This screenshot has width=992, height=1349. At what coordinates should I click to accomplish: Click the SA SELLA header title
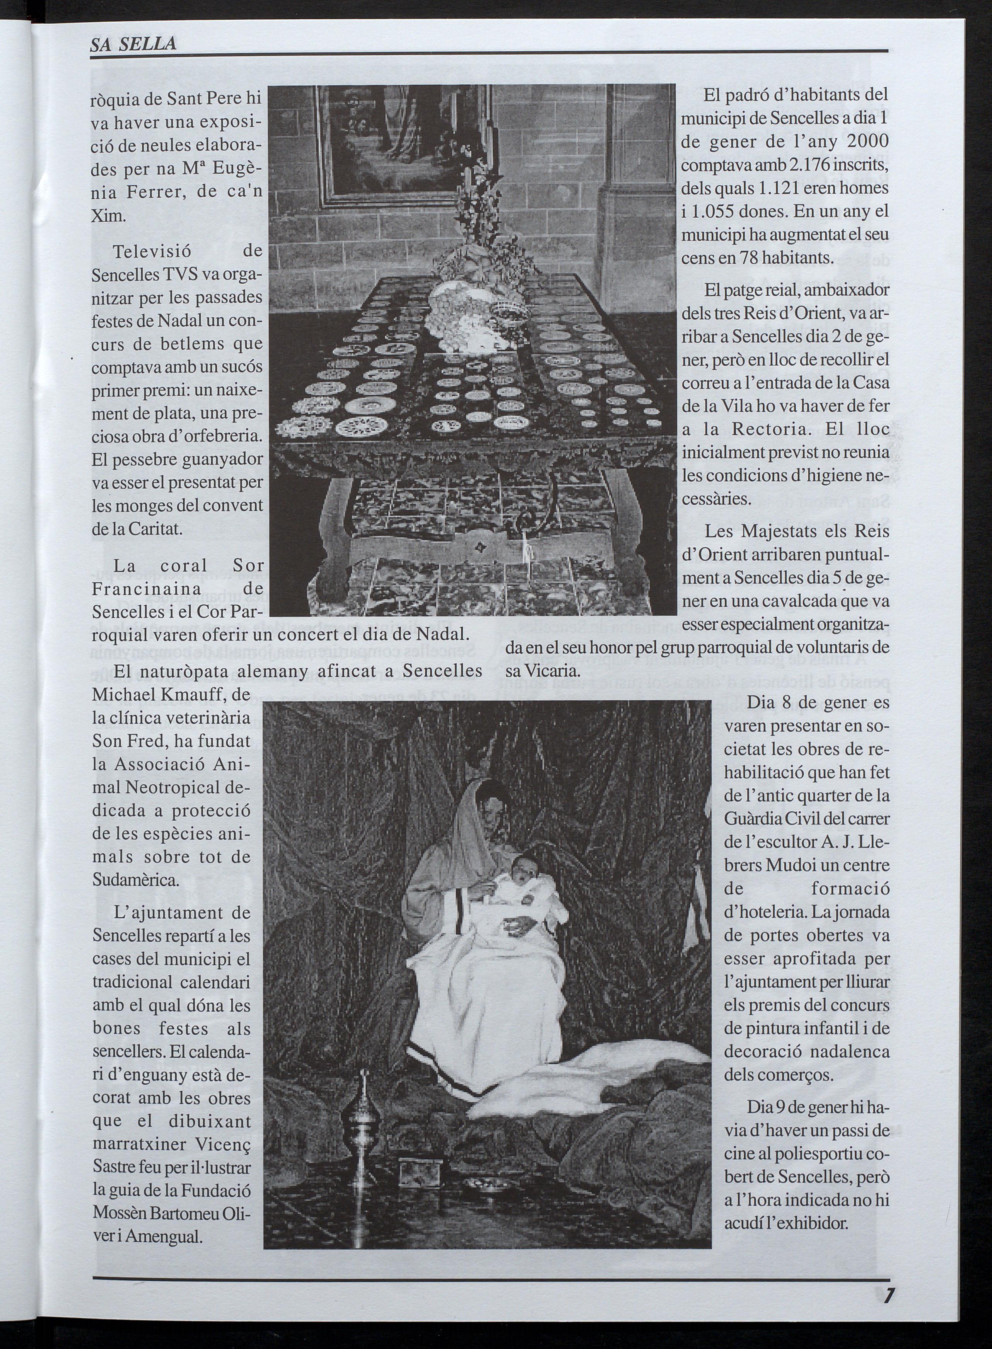(x=133, y=43)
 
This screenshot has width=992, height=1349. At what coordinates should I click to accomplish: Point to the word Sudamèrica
(x=136, y=881)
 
